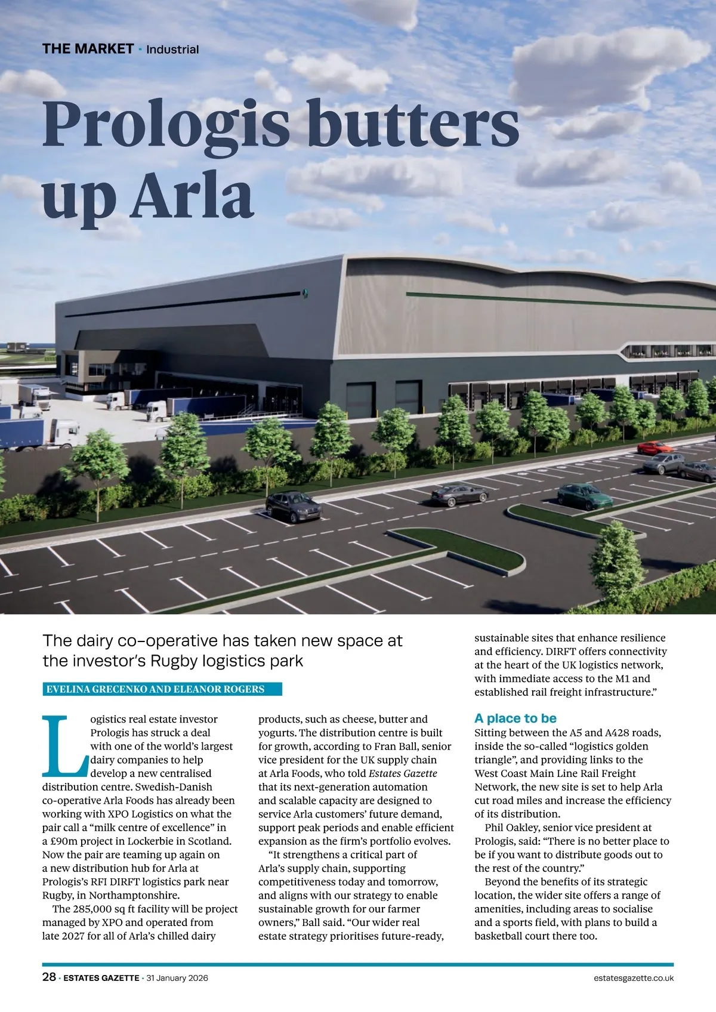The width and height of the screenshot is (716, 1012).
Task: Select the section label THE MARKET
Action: (x=88, y=49)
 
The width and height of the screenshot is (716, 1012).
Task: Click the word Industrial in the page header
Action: (x=172, y=50)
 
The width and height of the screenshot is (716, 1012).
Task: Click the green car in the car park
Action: (x=584, y=496)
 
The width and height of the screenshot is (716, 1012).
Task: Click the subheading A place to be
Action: (x=515, y=718)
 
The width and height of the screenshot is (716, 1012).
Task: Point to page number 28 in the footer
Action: (x=49, y=977)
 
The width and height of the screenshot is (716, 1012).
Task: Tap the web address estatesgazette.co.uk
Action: (x=634, y=978)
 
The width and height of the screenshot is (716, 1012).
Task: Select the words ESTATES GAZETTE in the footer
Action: (x=101, y=978)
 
